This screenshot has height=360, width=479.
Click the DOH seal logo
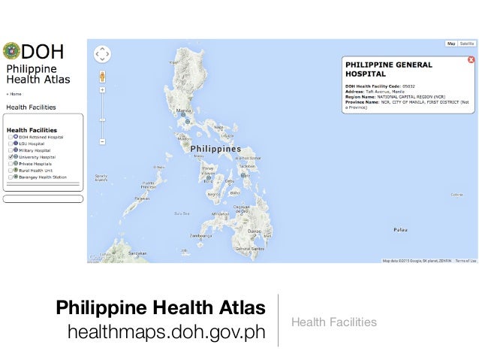pyautogui.click(x=11, y=51)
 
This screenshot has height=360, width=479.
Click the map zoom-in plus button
pyautogui.click(x=102, y=89)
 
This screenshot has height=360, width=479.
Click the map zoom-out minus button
pyautogui.click(x=102, y=141)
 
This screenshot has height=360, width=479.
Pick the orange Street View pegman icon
pyautogui.click(x=102, y=76)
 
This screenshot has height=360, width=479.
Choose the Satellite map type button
pyautogui.click(x=467, y=44)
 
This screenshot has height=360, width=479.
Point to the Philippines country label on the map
pyautogui.click(x=215, y=149)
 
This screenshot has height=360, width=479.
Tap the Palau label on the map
pyautogui.click(x=399, y=228)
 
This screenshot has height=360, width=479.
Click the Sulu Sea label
pyautogui.click(x=181, y=213)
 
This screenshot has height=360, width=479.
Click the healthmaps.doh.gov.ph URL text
pyautogui.click(x=167, y=331)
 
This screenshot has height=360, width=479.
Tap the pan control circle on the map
pyautogui.click(x=102, y=54)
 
